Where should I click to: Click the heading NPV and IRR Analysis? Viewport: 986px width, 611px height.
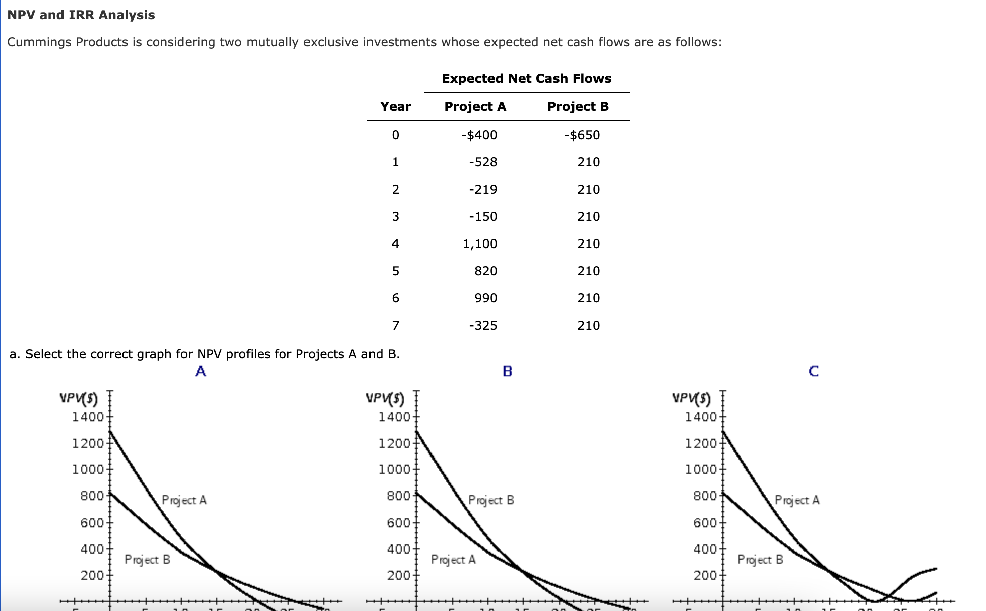click(81, 15)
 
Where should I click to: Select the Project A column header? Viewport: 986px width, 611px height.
click(475, 107)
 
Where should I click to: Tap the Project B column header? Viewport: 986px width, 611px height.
click(578, 107)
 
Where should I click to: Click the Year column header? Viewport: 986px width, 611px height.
click(395, 107)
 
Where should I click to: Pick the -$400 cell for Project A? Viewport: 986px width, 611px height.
click(479, 135)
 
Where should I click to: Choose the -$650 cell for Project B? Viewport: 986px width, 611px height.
click(582, 135)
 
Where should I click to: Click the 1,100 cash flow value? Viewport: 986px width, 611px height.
click(480, 244)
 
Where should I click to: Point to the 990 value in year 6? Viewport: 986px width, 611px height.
click(485, 298)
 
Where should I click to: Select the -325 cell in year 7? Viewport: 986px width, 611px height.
click(482, 326)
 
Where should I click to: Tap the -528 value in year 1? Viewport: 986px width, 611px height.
click(482, 162)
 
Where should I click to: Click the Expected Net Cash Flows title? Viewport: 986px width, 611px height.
click(526, 79)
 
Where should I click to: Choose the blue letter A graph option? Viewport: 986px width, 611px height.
click(201, 372)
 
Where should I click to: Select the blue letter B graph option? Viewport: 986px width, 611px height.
click(507, 372)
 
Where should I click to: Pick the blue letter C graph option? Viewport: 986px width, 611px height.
click(813, 372)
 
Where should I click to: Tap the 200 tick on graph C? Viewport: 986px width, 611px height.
click(705, 575)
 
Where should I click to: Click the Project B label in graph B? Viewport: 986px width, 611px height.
click(491, 500)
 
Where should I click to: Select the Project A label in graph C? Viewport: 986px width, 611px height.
click(797, 500)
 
